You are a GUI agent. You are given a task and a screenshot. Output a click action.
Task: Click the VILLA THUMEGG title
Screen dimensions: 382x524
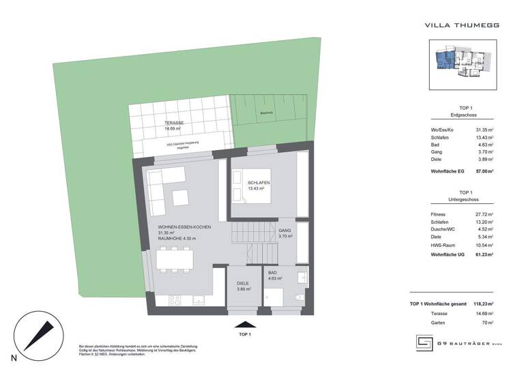[462, 25]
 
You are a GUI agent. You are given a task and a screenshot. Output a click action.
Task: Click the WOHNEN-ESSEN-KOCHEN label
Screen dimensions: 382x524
[184, 226]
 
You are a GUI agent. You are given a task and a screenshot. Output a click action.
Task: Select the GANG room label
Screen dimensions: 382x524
[285, 231]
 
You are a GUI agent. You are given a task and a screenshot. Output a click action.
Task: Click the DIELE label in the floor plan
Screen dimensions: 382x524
[243, 283]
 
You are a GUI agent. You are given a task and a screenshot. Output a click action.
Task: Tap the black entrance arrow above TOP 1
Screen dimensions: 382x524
[244, 326]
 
